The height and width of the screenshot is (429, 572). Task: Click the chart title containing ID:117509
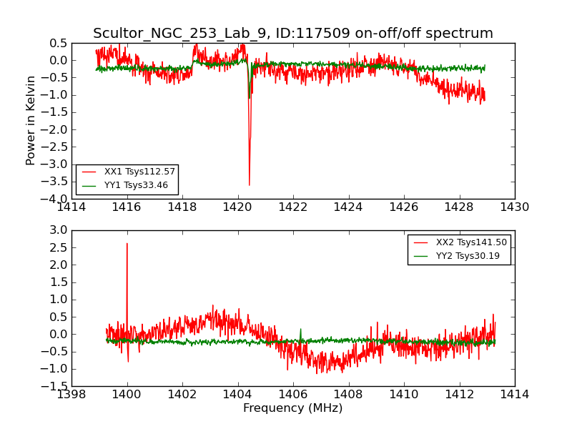(x=293, y=34)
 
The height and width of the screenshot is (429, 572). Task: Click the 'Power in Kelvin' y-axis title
(x=31, y=120)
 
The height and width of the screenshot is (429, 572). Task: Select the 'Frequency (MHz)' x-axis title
(x=293, y=408)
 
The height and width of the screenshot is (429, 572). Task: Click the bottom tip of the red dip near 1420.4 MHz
(x=249, y=185)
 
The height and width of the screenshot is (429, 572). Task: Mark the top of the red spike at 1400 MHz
(x=127, y=244)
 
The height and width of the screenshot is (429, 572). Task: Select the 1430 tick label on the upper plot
(x=514, y=207)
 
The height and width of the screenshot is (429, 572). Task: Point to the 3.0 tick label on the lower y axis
(x=59, y=230)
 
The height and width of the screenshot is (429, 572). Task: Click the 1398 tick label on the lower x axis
(x=71, y=394)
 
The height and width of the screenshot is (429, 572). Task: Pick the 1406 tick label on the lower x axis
(x=293, y=394)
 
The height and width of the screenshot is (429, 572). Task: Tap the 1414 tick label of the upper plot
(x=71, y=207)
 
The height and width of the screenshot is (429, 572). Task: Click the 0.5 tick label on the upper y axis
(x=59, y=44)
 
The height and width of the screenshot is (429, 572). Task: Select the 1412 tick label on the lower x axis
(x=459, y=394)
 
